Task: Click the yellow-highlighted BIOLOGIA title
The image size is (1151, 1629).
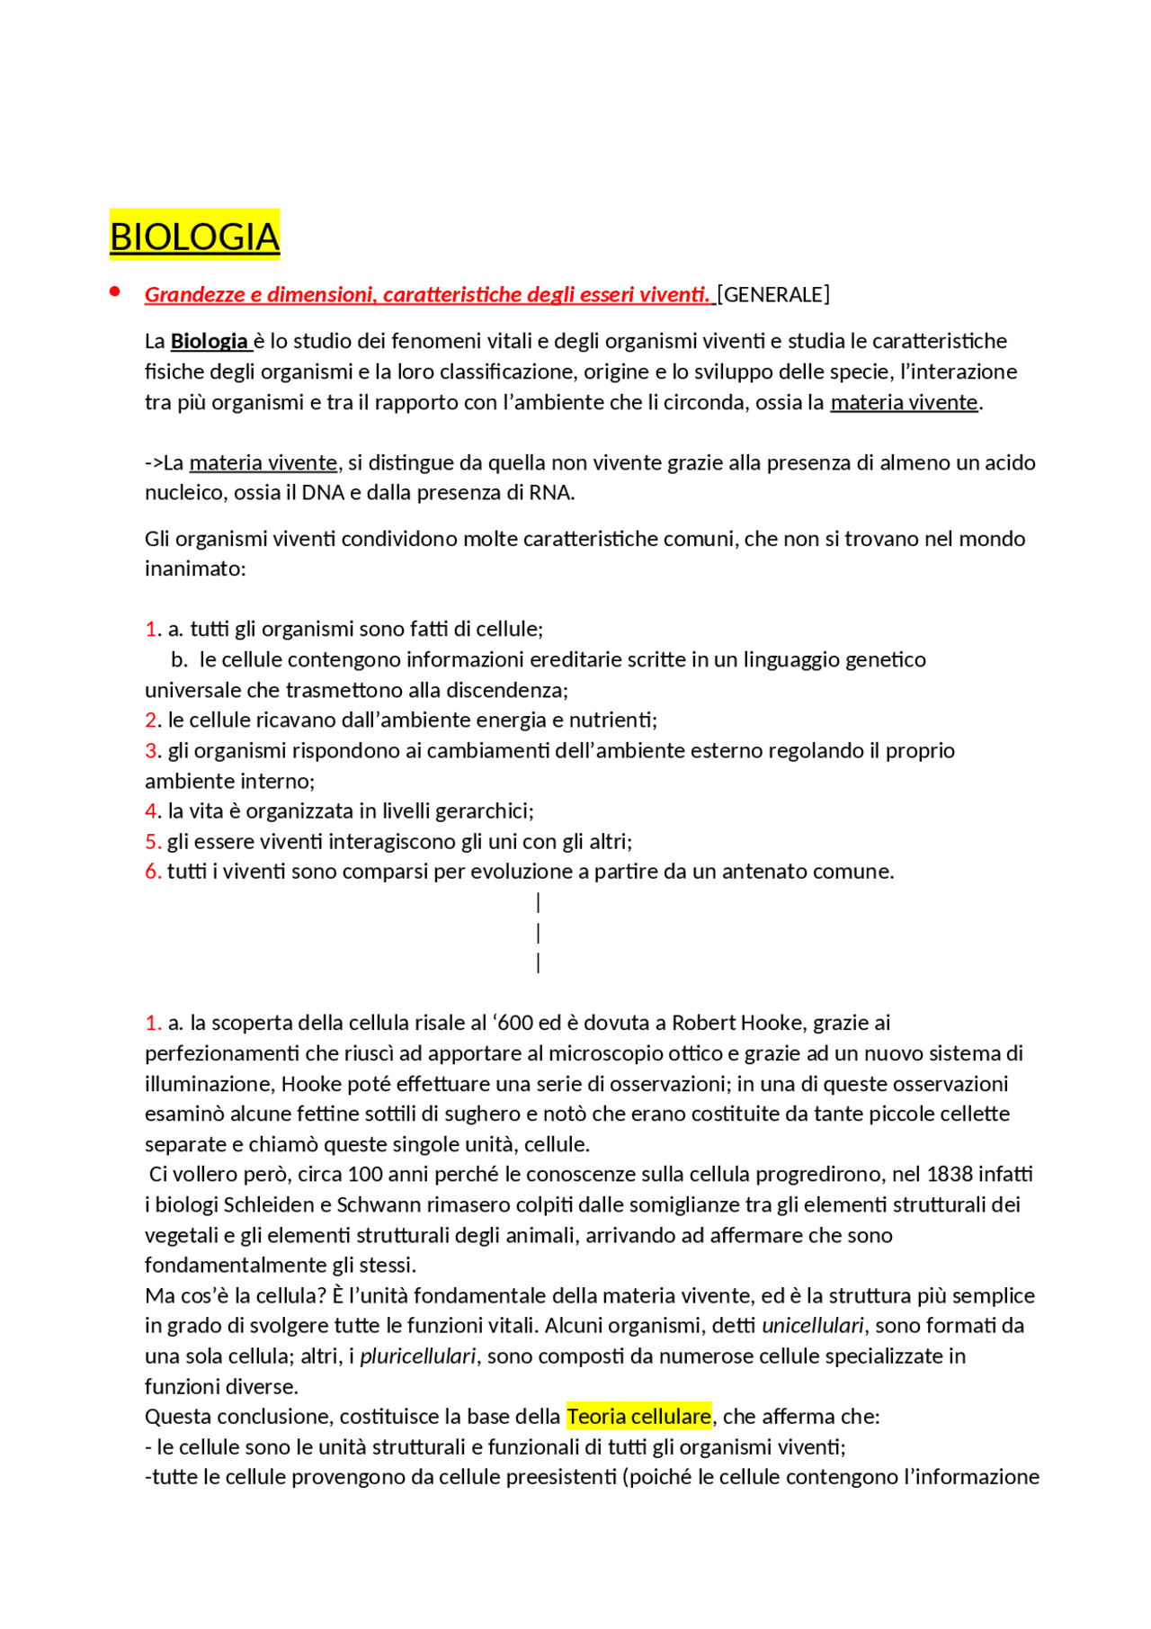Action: tap(194, 237)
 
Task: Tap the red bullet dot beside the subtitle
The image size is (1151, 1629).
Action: tap(114, 291)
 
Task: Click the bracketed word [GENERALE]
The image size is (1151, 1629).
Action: tap(774, 295)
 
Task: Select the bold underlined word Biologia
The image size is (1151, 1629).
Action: tap(209, 341)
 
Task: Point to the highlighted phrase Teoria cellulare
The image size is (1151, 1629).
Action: tap(638, 1416)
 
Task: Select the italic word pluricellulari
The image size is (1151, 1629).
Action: tap(417, 1356)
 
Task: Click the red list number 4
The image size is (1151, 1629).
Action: tap(151, 810)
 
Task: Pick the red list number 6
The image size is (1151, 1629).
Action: tap(151, 871)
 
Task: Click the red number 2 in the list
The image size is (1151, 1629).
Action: tap(151, 720)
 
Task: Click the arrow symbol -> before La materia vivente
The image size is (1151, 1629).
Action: tap(154, 462)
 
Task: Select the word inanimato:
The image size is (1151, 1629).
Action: tap(195, 568)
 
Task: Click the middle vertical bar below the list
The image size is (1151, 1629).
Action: tap(538, 933)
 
